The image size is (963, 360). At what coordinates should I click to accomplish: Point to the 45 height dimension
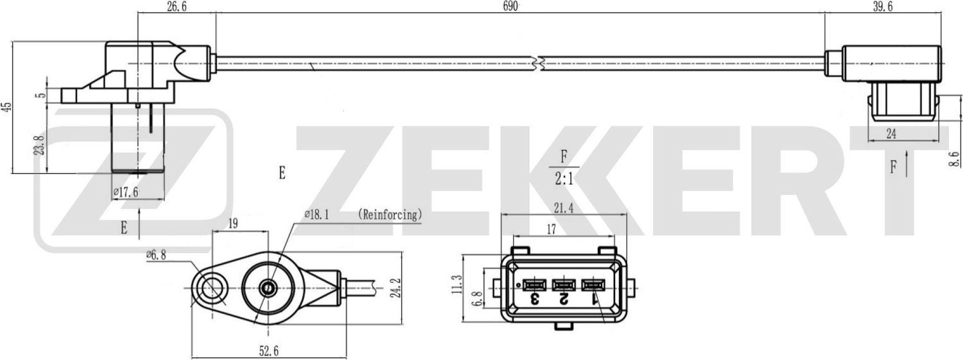(x=7, y=107)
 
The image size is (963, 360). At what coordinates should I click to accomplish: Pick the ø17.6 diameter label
(x=126, y=191)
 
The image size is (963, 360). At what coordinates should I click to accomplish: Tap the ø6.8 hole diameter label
(x=157, y=255)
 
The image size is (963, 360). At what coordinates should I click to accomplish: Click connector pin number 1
(x=594, y=298)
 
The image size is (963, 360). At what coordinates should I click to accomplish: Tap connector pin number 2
(x=563, y=298)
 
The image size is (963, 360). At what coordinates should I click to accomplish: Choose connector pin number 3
(x=534, y=298)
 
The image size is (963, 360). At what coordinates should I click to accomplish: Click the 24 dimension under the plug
(x=891, y=133)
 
